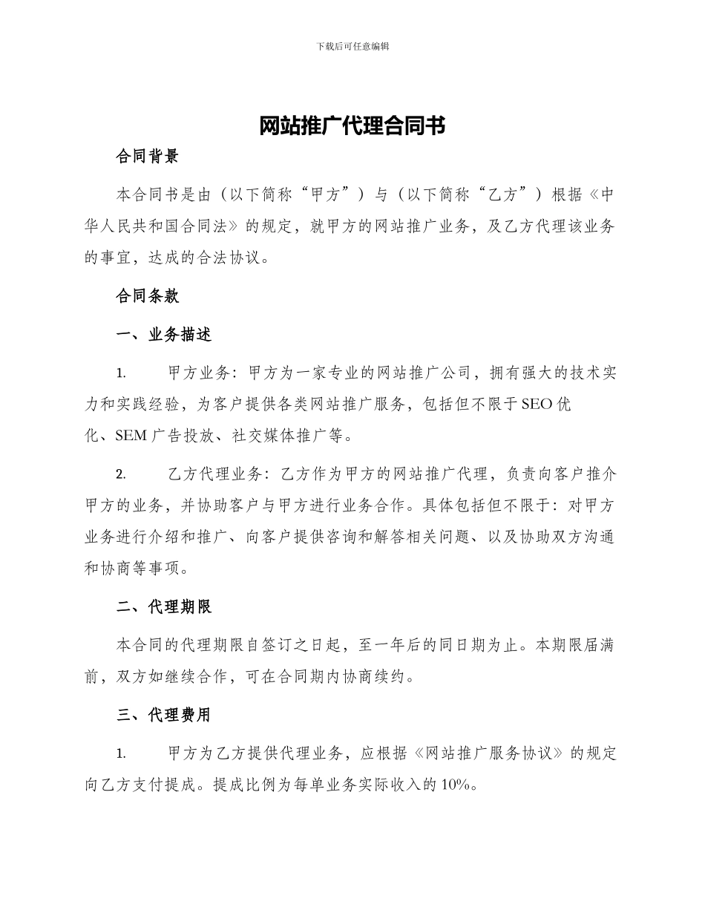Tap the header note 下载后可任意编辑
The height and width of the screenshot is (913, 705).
pyautogui.click(x=352, y=46)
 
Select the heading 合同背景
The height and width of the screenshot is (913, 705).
pyautogui.click(x=148, y=157)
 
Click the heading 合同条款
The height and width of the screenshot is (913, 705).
pyautogui.click(x=148, y=296)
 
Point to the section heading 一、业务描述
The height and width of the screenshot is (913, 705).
pyautogui.click(x=165, y=335)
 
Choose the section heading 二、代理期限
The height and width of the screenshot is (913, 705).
pyautogui.click(x=165, y=607)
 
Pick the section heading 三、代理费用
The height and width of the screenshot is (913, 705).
pyautogui.click(x=165, y=715)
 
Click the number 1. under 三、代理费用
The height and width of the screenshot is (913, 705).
pyautogui.click(x=121, y=754)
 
